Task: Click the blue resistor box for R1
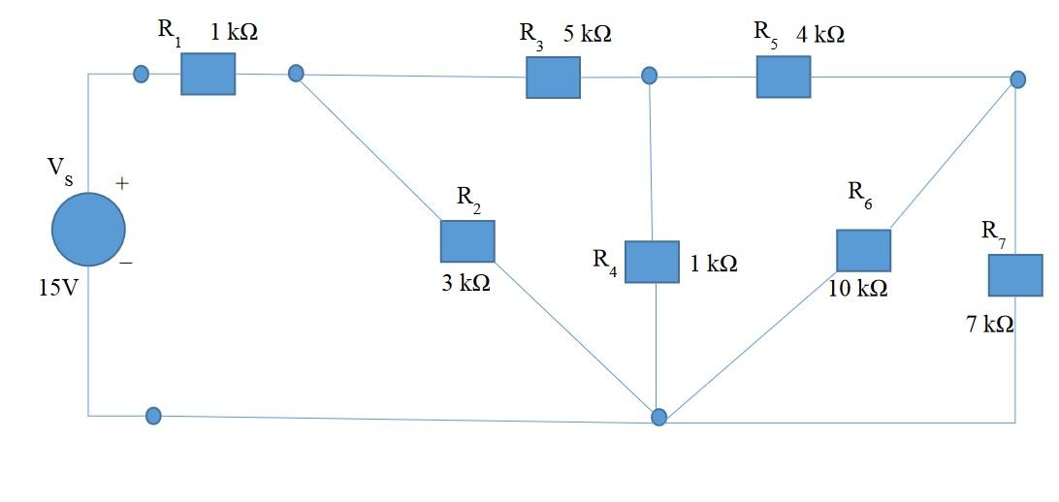point(208,74)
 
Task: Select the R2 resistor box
point(467,241)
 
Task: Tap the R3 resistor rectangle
point(553,78)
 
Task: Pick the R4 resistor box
point(652,262)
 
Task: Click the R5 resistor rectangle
point(784,77)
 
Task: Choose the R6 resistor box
point(863,250)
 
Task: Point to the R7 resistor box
point(1015,275)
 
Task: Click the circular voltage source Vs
point(88,230)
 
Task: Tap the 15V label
point(58,289)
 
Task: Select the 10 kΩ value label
point(857,289)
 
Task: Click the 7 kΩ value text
point(990,326)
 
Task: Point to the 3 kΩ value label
point(465,285)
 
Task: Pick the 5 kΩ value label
point(588,34)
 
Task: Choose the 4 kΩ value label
point(819,34)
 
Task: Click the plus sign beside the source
point(123,182)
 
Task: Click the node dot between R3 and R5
point(650,76)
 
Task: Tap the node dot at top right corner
point(1016,78)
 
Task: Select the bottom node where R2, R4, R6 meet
point(658,418)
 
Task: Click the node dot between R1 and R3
point(297,74)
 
